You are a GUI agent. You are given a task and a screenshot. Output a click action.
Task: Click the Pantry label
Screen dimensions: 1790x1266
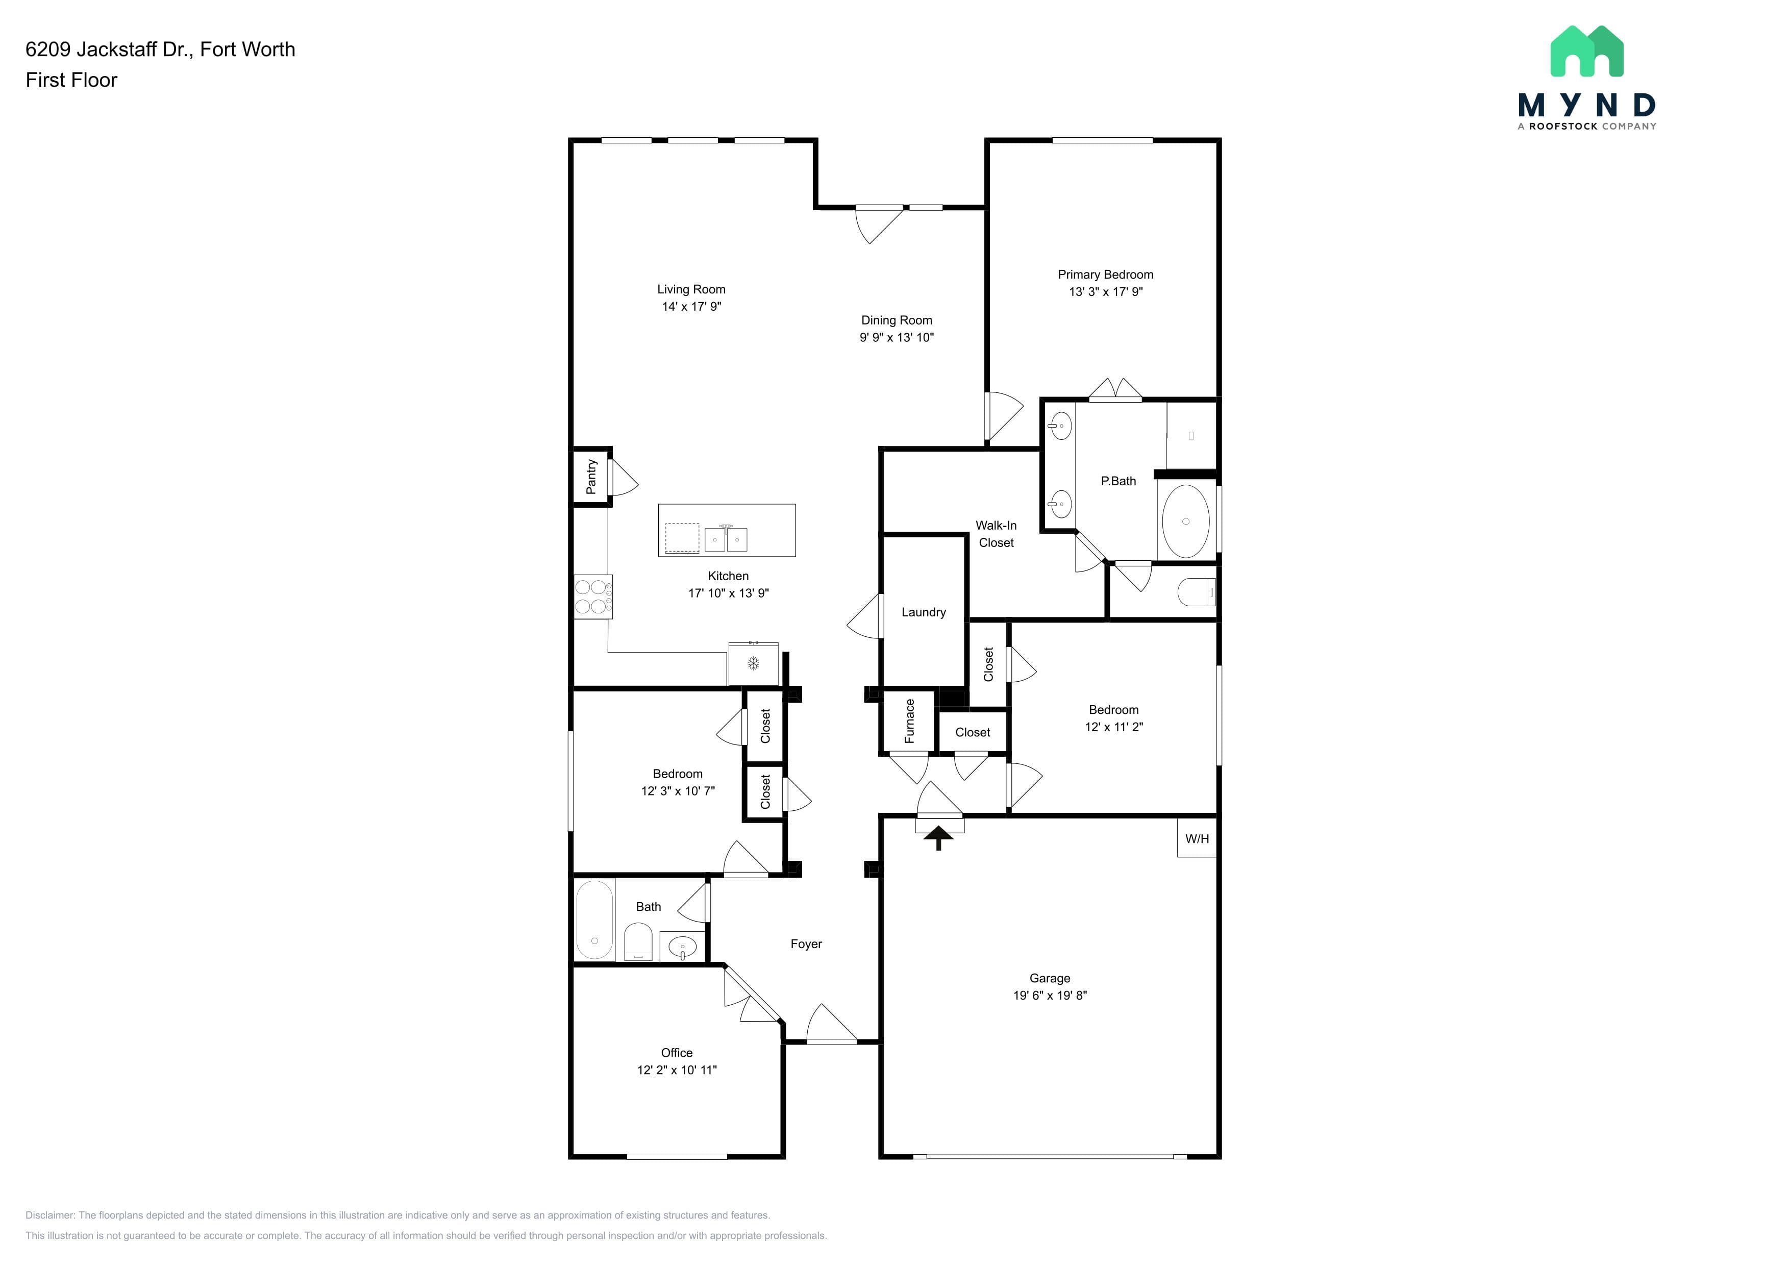[591, 476]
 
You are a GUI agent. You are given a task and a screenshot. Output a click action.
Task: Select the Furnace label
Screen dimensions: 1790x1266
[909, 721]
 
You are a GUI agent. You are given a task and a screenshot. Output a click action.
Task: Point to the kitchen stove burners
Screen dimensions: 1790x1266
[592, 597]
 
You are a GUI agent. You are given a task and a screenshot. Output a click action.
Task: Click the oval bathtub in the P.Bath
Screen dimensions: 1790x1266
[1186, 521]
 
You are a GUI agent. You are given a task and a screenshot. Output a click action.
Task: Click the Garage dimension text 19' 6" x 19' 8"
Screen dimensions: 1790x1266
[1050, 996]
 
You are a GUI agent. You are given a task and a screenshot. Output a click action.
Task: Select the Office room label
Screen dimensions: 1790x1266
[677, 1052]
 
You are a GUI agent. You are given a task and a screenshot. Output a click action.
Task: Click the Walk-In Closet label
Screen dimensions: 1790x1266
[997, 534]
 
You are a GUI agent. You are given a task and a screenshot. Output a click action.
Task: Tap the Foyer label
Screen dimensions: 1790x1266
[806, 944]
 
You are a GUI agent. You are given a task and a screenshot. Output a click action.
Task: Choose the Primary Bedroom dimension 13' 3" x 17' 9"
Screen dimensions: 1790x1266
[1106, 291]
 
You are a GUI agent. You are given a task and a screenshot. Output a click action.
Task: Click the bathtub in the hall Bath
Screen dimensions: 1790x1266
[594, 921]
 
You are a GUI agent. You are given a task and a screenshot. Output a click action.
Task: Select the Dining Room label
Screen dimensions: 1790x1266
[897, 320]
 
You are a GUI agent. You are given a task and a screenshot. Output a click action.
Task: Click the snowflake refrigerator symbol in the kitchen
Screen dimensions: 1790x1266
[754, 663]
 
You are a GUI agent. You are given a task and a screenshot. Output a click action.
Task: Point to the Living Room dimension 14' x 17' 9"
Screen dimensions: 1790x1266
[691, 306]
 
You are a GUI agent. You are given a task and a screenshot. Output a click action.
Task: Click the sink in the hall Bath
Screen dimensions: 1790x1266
[682, 947]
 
